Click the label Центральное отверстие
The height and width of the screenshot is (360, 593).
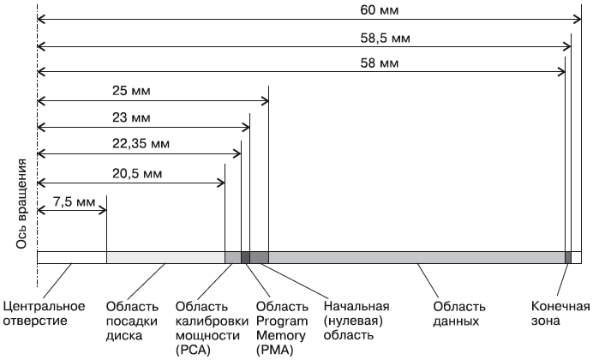pyautogui.click(x=45, y=314)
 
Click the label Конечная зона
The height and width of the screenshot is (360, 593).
pyautogui.click(x=560, y=314)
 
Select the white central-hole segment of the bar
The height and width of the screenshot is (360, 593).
pyautogui.click(x=72, y=257)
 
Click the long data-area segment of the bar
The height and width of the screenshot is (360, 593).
pyautogui.click(x=416, y=257)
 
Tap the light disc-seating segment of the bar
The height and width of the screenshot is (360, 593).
pyautogui.click(x=165, y=257)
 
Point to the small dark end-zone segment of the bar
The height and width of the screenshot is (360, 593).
pyautogui.click(x=568, y=257)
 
